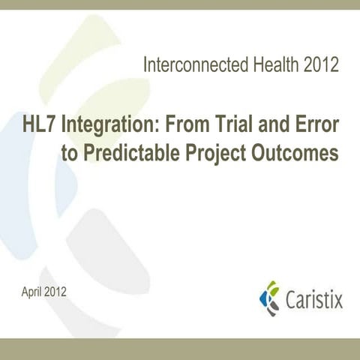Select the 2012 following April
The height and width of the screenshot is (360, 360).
pos(55,290)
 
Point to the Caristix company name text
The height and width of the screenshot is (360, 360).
pos(314,300)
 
